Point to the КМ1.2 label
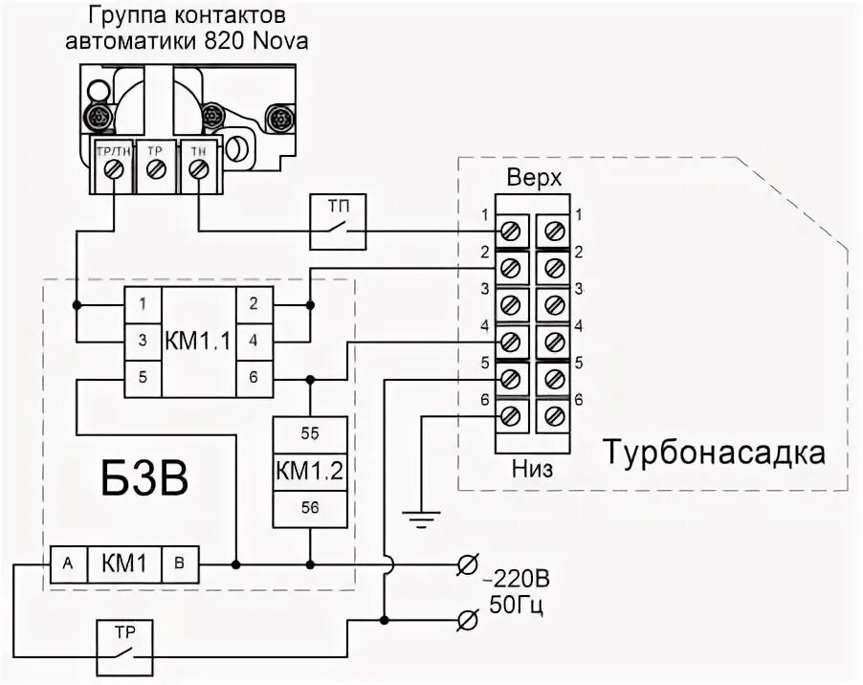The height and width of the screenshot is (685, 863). click(310, 471)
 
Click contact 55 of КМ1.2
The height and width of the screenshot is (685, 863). click(310, 432)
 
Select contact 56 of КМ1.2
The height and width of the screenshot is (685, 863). click(310, 508)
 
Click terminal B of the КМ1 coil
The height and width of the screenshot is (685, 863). click(180, 563)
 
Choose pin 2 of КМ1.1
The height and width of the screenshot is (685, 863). click(253, 305)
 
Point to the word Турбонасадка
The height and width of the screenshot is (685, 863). click(714, 452)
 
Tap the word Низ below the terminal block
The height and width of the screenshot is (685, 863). click(534, 469)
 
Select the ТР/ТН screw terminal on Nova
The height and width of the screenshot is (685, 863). click(115, 168)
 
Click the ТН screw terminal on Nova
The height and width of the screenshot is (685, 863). click(198, 168)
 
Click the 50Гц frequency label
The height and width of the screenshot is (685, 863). click(521, 606)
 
